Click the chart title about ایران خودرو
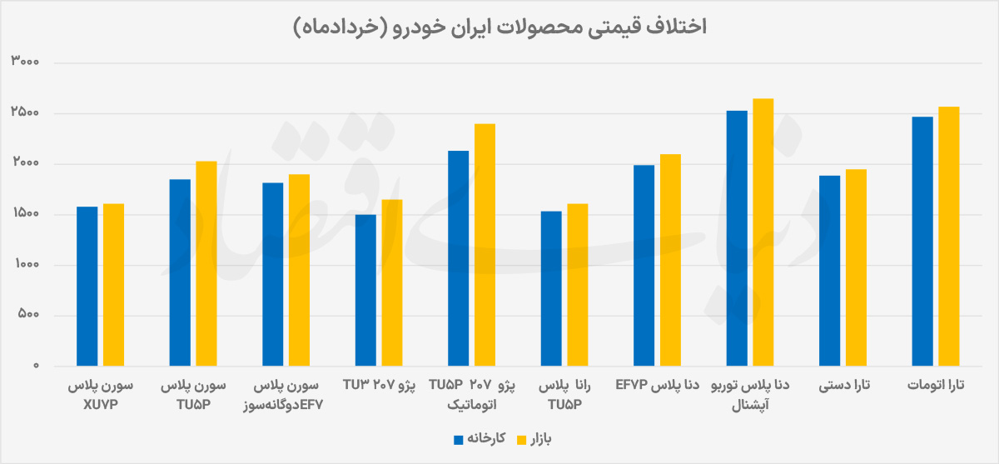tap(499, 27)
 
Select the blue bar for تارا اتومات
tap(922, 242)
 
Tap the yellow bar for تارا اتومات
tap(948, 237)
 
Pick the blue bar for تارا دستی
tap(829, 271)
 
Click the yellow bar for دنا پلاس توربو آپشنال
tap(763, 232)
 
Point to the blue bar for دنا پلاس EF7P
tap(644, 266)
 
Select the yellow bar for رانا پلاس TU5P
tap(578, 285)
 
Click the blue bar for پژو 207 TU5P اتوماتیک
tap(459, 258)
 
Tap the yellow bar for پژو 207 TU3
tap(392, 283)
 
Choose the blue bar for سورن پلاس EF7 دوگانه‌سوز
tap(273, 274)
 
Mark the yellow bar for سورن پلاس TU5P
tap(206, 264)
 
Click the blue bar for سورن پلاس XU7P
tap(87, 287)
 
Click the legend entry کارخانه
tap(480, 439)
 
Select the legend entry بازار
tap(534, 440)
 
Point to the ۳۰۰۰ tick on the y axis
tap(25, 61)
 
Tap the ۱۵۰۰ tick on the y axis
tap(27, 213)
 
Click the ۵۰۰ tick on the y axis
tap(28, 314)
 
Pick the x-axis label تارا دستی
tap(844, 386)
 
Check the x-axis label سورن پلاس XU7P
tap(101, 395)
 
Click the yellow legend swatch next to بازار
tap(521, 440)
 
